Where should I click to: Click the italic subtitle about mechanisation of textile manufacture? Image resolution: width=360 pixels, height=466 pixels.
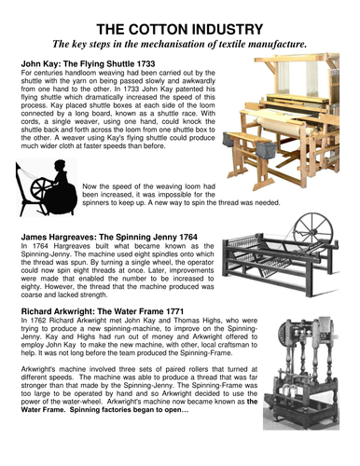click(x=181, y=44)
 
